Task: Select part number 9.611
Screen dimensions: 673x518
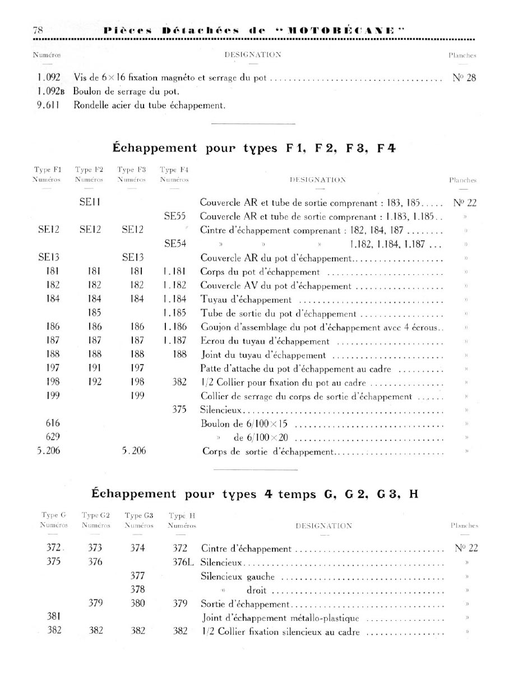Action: (x=48, y=105)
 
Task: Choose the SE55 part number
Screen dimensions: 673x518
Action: (x=174, y=217)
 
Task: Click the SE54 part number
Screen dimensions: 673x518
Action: (x=174, y=244)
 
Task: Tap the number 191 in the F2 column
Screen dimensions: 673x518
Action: (x=94, y=369)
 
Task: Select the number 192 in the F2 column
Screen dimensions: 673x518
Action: (x=94, y=383)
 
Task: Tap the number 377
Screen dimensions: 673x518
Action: (x=137, y=576)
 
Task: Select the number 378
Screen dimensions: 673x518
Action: (x=137, y=590)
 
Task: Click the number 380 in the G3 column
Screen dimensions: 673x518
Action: (x=137, y=604)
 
